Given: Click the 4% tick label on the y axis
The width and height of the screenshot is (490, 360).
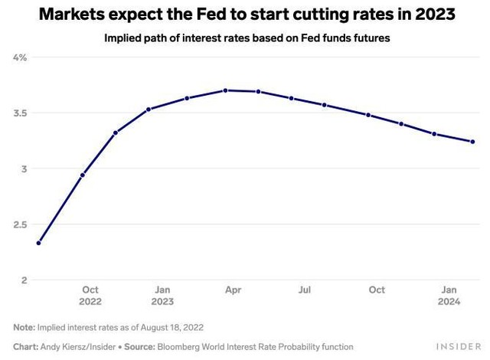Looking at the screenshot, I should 20,57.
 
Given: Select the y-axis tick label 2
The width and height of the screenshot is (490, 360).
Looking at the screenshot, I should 24,280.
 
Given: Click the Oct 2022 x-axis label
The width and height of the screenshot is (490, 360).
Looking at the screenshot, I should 90,296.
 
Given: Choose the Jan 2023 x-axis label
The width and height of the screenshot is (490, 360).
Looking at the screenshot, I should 163,296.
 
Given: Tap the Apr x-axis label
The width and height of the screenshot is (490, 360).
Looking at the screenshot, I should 234,290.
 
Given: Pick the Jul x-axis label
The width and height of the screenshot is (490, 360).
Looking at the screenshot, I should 305,290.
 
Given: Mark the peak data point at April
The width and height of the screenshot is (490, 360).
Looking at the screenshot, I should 226,90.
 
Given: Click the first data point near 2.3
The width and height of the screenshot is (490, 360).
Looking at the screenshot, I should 38,243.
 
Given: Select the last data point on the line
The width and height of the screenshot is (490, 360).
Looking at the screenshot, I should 472,142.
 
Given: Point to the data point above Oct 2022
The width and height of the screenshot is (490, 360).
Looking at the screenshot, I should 83,175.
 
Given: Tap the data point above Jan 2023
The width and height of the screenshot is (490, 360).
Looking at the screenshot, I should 149,109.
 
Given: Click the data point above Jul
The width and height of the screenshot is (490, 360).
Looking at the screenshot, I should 291,98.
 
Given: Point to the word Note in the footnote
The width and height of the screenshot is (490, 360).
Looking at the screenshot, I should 24,327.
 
